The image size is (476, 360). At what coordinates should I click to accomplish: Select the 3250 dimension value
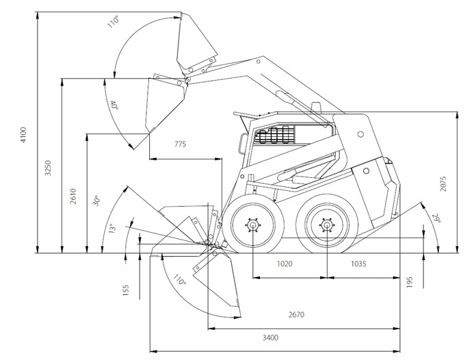click(48, 168)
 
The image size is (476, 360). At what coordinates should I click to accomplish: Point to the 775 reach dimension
click(180, 144)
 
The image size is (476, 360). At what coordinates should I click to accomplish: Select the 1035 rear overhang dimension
click(362, 263)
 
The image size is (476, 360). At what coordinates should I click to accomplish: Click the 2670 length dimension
click(297, 315)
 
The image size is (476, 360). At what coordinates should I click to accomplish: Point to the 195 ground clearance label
click(410, 281)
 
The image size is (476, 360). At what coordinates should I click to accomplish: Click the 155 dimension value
click(127, 290)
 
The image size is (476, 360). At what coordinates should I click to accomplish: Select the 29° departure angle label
click(436, 218)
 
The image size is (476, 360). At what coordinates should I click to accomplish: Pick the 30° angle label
click(97, 201)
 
